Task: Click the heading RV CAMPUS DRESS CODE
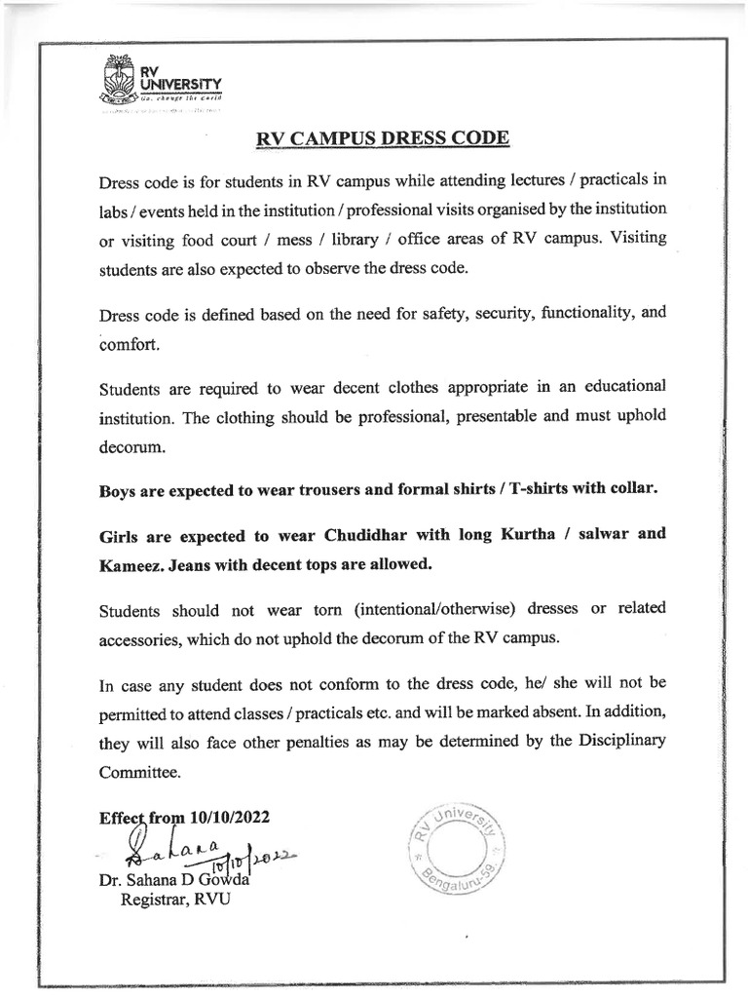point(382,137)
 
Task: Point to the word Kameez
point(131,564)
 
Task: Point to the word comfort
point(129,344)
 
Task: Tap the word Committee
point(140,771)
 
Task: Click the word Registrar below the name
point(152,900)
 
